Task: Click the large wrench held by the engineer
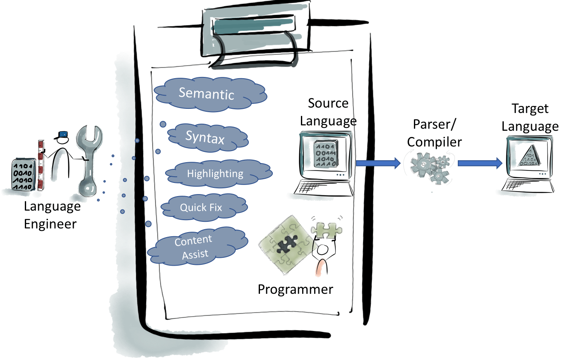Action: pyautogui.click(x=91, y=161)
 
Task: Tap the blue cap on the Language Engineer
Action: pyautogui.click(x=63, y=134)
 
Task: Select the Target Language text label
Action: pyautogui.click(x=530, y=118)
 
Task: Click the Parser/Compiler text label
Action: pyautogui.click(x=434, y=133)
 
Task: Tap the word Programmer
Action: pyautogui.click(x=295, y=289)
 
